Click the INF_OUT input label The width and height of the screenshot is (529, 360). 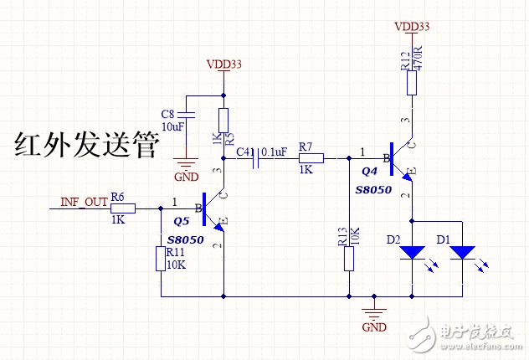(x=84, y=202)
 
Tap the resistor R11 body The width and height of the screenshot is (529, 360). (x=161, y=259)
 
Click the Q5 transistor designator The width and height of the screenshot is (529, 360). (x=182, y=222)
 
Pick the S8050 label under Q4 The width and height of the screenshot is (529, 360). (x=372, y=190)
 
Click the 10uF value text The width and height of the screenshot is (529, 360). (x=172, y=126)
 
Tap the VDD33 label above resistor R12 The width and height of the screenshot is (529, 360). (x=412, y=27)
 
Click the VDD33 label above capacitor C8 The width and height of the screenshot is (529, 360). (x=223, y=64)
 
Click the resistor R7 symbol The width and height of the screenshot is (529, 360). (x=311, y=157)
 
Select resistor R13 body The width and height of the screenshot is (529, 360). (x=349, y=259)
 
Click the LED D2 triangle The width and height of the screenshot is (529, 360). (x=413, y=252)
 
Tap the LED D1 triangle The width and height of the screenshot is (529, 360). (x=462, y=252)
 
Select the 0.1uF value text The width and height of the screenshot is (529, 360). (x=275, y=152)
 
